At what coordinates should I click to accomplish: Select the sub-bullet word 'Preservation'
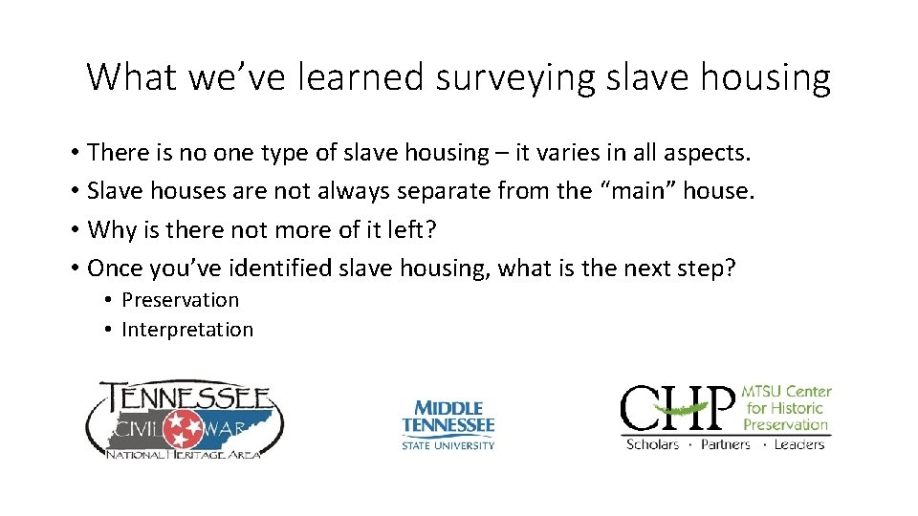tap(181, 300)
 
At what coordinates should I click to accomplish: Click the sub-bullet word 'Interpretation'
tap(187, 330)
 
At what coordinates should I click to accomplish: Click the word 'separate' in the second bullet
tap(445, 191)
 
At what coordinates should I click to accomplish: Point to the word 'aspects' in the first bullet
tap(704, 153)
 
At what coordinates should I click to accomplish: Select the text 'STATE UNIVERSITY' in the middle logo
tap(448, 444)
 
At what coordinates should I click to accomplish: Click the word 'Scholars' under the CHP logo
tap(652, 444)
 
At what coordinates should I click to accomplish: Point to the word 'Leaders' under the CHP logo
tap(798, 444)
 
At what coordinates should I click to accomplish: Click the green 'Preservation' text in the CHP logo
tap(785, 423)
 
